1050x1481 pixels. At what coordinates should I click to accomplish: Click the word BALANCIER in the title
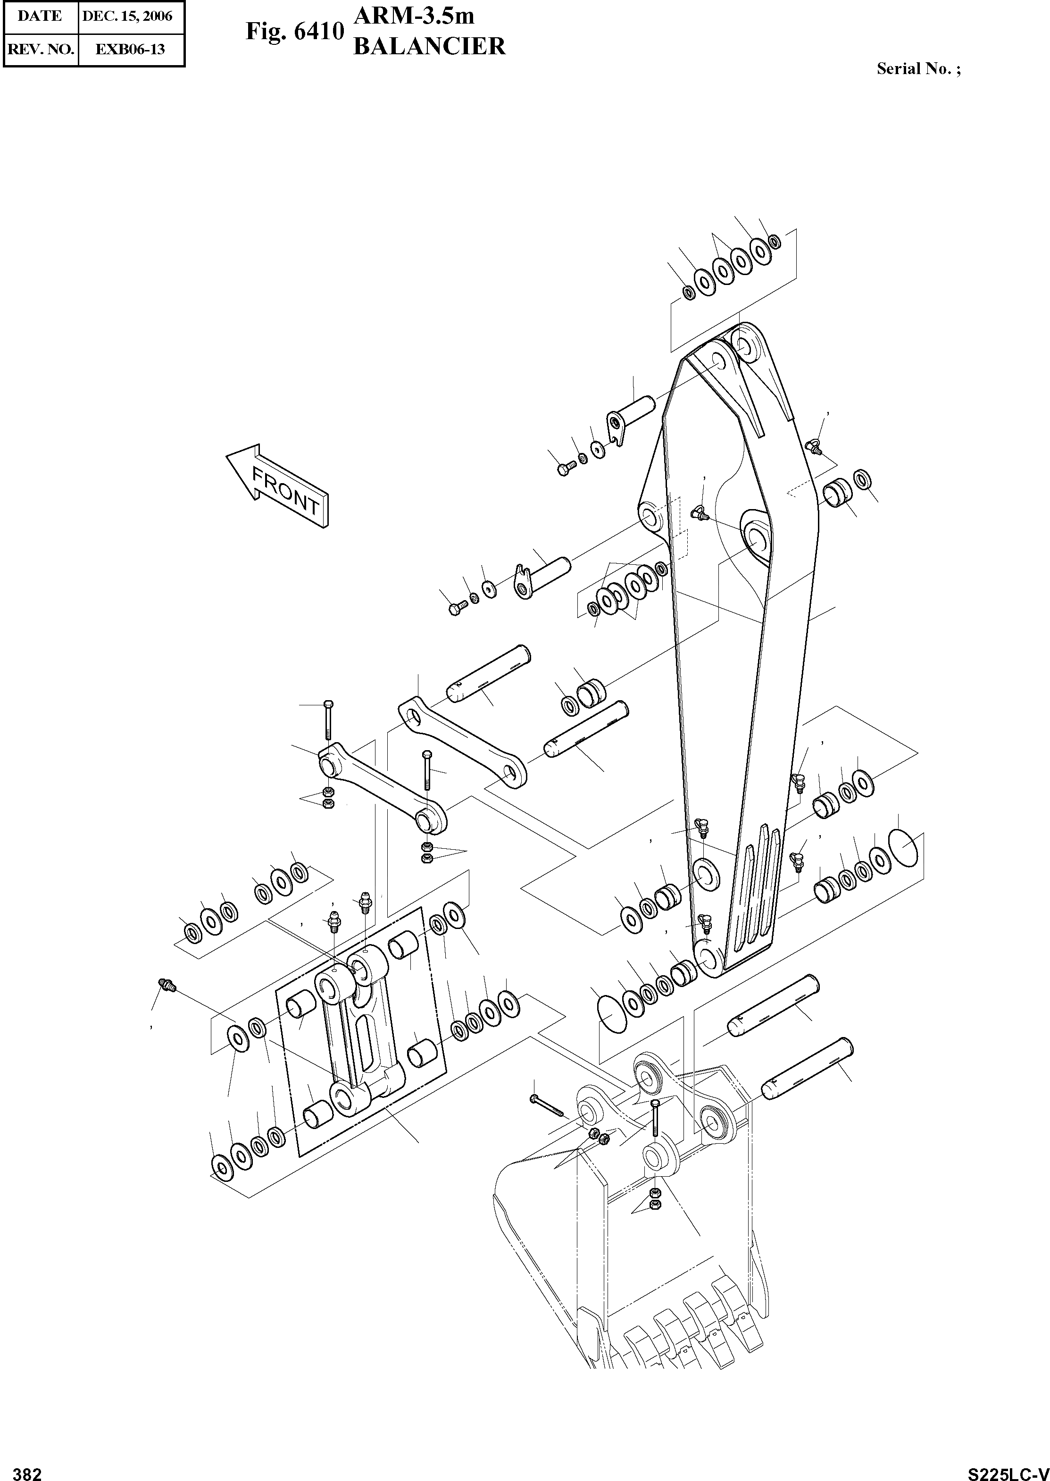pos(429,47)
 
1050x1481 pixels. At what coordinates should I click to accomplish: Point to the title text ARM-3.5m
pos(414,16)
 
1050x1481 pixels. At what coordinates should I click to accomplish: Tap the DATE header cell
pos(40,16)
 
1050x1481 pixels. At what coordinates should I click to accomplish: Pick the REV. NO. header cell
pos(40,49)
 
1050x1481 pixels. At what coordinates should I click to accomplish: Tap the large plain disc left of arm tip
pos(608,1017)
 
